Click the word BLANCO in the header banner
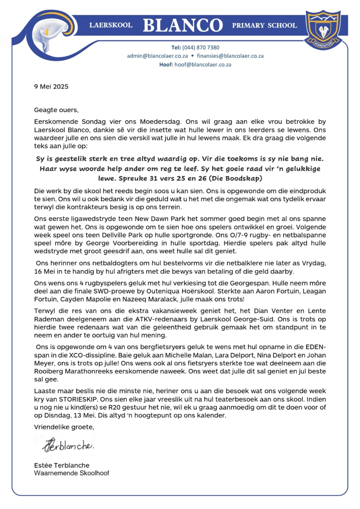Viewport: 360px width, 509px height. [x=182, y=25]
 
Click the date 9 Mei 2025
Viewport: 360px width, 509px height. [x=51, y=86]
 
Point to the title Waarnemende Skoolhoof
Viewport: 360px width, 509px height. [x=72, y=473]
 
